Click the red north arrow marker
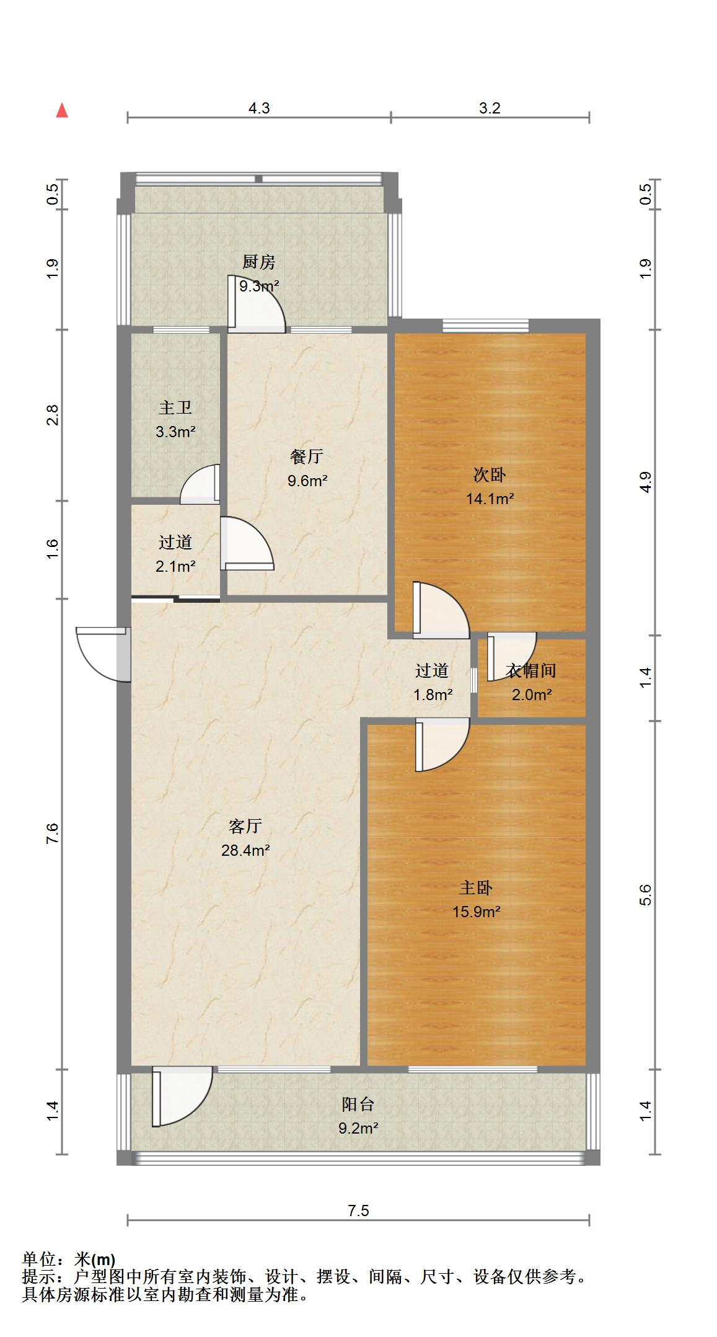(x=62, y=110)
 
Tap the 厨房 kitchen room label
(x=259, y=262)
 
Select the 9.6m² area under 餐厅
(x=307, y=480)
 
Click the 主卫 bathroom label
(x=175, y=407)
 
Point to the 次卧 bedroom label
(x=490, y=475)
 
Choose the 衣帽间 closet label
(x=531, y=670)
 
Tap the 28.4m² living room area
(x=245, y=850)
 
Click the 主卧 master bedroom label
(x=476, y=888)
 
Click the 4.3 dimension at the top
(x=259, y=109)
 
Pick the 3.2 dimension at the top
(x=490, y=109)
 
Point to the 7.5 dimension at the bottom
(x=358, y=1210)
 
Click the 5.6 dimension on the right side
(x=646, y=895)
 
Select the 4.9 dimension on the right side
(x=646, y=482)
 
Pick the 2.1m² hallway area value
(x=176, y=566)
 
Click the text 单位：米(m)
(x=69, y=1259)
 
